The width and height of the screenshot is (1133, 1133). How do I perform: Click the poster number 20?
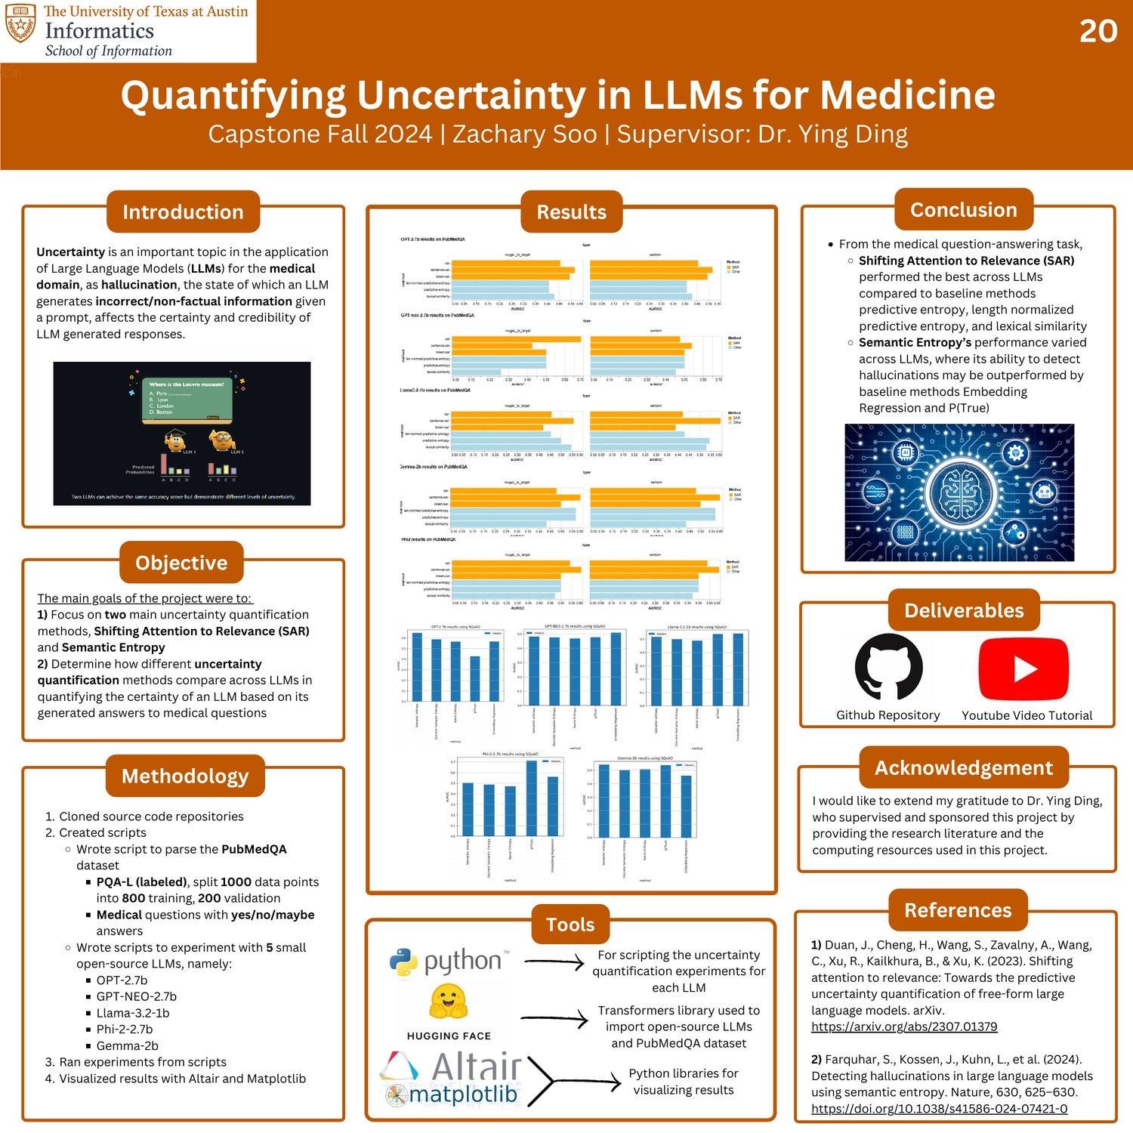click(1097, 31)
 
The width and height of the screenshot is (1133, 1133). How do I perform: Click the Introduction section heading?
click(183, 212)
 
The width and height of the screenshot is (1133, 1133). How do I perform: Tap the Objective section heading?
click(181, 563)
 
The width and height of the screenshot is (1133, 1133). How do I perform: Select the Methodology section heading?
click(185, 776)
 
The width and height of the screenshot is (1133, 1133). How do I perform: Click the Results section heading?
click(571, 212)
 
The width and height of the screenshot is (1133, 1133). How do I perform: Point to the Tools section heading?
click(570, 925)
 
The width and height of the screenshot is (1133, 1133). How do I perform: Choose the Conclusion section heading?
click(963, 210)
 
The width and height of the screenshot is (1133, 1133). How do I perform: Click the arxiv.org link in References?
click(904, 1027)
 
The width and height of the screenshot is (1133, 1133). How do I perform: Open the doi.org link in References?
click(939, 1109)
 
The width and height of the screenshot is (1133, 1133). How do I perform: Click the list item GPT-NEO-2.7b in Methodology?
click(137, 997)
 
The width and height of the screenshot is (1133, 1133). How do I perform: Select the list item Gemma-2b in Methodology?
click(128, 1046)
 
